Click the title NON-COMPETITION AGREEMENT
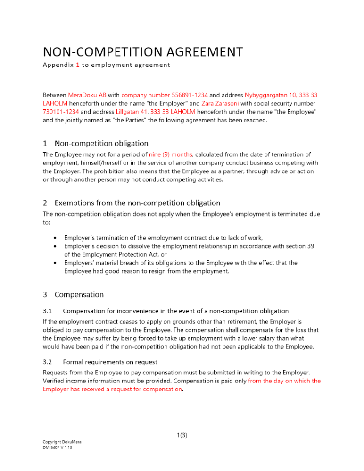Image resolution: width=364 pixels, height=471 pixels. (x=143, y=51)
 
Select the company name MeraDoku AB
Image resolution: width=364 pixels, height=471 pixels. (x=87, y=95)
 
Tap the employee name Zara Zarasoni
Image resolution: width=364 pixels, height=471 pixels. (x=220, y=103)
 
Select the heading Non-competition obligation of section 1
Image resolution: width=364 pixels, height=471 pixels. (x=101, y=143)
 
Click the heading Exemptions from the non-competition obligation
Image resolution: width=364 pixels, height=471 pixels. (x=137, y=203)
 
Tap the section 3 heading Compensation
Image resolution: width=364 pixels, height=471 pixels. (x=79, y=294)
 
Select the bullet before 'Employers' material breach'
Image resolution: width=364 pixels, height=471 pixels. (x=56, y=263)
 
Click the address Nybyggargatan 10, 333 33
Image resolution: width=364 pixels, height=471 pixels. (x=281, y=95)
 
